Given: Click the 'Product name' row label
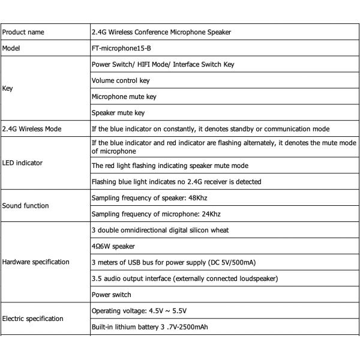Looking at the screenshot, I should (23, 32).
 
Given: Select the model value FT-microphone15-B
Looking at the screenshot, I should (118, 47).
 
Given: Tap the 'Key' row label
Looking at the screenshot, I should (8, 88).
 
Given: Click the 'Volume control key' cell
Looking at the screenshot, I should (121, 80).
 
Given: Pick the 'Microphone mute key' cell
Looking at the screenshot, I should (124, 96).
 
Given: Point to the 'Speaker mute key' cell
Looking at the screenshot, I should (118, 112).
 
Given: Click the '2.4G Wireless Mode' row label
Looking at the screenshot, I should (31, 128).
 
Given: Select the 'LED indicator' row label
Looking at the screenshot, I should (23, 163).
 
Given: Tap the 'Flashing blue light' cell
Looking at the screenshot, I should (176, 181).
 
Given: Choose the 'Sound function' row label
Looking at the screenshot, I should (26, 206).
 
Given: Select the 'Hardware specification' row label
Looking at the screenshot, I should (36, 262).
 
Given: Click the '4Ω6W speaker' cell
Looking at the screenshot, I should (113, 246).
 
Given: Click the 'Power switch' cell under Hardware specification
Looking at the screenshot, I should (111, 295).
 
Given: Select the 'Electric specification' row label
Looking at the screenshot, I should (33, 319).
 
